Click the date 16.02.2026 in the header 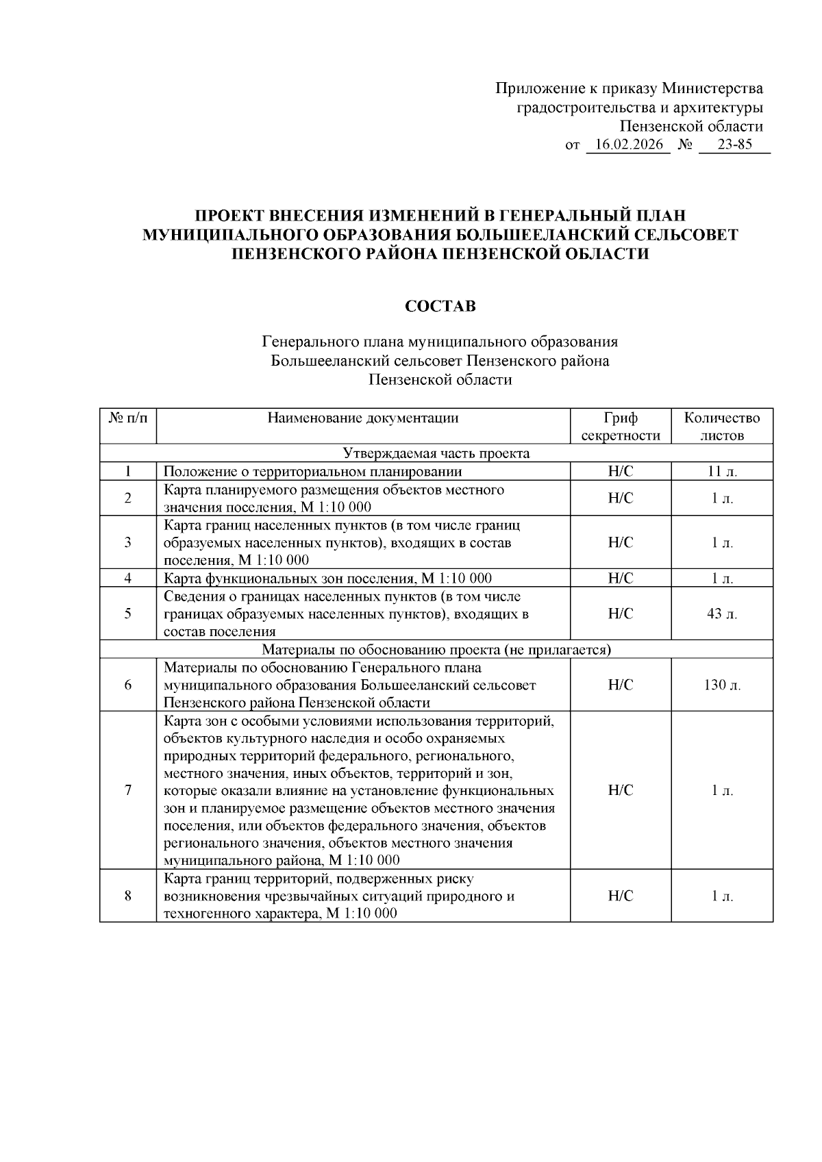tap(628, 145)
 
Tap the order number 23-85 tap(734, 145)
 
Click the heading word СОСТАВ tap(440, 306)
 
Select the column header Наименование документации tap(363, 418)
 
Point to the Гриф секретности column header tap(620, 427)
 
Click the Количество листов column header tap(722, 427)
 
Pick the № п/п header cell tap(128, 418)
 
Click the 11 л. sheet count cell tap(722, 471)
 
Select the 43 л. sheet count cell tap(722, 614)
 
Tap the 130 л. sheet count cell tap(722, 685)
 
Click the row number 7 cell tap(128, 790)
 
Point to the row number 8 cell tap(128, 896)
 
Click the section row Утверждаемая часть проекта tap(436, 453)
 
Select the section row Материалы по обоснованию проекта tap(436, 649)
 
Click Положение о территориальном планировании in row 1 tap(312, 471)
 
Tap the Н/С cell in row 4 tap(620, 578)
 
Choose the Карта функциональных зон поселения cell tap(327, 578)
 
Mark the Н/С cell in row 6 tap(620, 685)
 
